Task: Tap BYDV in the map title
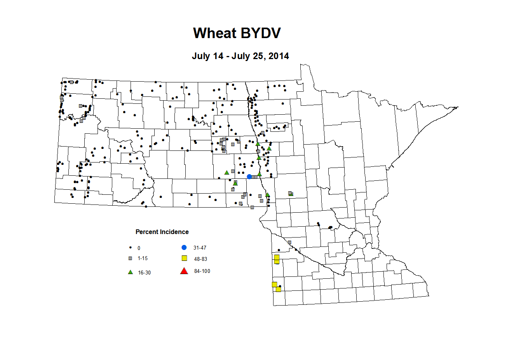260,33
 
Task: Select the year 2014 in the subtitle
279,56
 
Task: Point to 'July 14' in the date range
207,56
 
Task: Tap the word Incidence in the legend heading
175,232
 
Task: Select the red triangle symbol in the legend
184,271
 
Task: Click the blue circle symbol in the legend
184,247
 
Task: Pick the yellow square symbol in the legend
185,258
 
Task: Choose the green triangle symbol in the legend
131,272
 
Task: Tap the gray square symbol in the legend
131,258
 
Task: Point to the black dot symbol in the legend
131,248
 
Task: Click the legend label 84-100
202,271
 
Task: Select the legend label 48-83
200,259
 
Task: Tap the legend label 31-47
200,248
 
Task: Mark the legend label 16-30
144,273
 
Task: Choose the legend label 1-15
143,258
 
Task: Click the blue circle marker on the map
249,177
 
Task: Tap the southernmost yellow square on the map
278,289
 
